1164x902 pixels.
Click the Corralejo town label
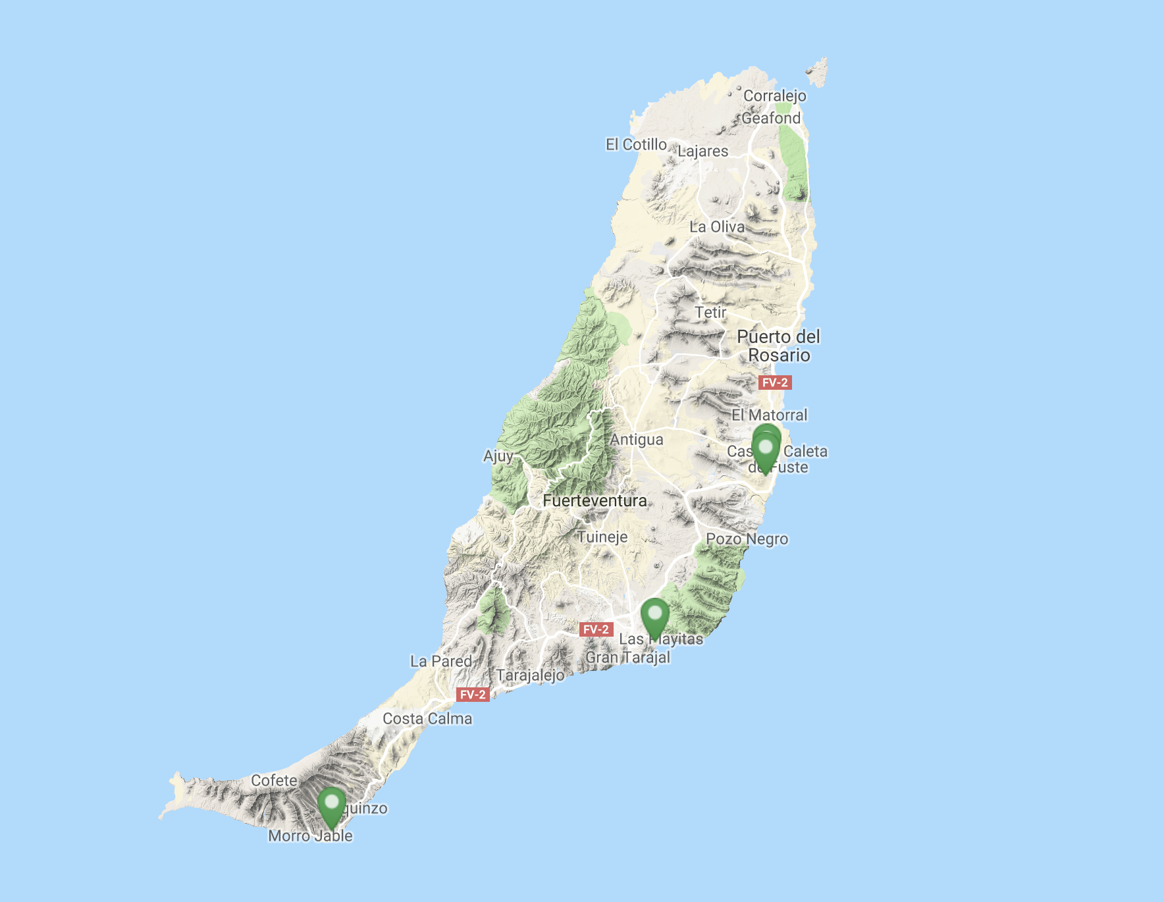coord(774,96)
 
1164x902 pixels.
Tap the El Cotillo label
coord(636,145)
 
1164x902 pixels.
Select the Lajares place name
coord(702,151)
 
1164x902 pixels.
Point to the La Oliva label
coord(717,227)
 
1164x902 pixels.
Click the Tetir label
coord(710,313)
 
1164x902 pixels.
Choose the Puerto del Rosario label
coord(779,346)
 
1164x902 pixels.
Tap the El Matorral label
coord(769,415)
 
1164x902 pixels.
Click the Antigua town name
coord(636,440)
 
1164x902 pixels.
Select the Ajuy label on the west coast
coord(498,456)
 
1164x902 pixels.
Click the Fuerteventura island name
coord(595,501)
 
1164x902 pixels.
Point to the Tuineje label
coord(602,537)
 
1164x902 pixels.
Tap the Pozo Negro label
coord(747,539)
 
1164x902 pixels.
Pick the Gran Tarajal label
coord(627,658)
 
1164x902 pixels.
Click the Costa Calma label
coord(427,719)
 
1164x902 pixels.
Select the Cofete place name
coord(274,781)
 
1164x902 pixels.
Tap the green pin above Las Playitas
coord(654,617)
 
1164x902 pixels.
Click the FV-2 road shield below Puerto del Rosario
coord(774,383)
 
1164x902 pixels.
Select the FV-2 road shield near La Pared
coord(473,695)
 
